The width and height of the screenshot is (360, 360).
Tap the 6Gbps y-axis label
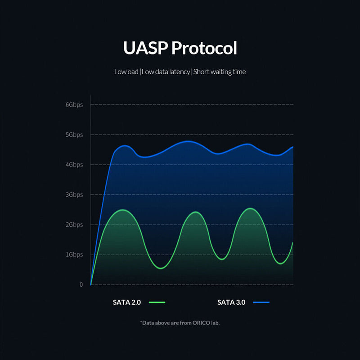pos(74,104)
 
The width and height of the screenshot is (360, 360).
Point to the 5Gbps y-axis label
pos(74,135)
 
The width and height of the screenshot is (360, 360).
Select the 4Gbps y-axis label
pos(74,165)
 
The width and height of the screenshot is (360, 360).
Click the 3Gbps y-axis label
pos(74,195)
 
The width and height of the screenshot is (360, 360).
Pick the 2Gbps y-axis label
pos(74,225)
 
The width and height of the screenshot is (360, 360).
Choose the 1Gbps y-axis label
pos(74,255)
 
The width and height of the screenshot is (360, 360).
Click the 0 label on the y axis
pos(81,284)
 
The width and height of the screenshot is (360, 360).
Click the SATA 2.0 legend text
pos(127,302)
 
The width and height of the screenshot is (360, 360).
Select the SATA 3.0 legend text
pos(231,302)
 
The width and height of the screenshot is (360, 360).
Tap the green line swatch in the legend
pos(156,302)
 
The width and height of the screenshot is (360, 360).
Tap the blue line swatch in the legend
pos(261,302)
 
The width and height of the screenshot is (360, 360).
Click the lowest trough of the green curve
pos(161,269)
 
